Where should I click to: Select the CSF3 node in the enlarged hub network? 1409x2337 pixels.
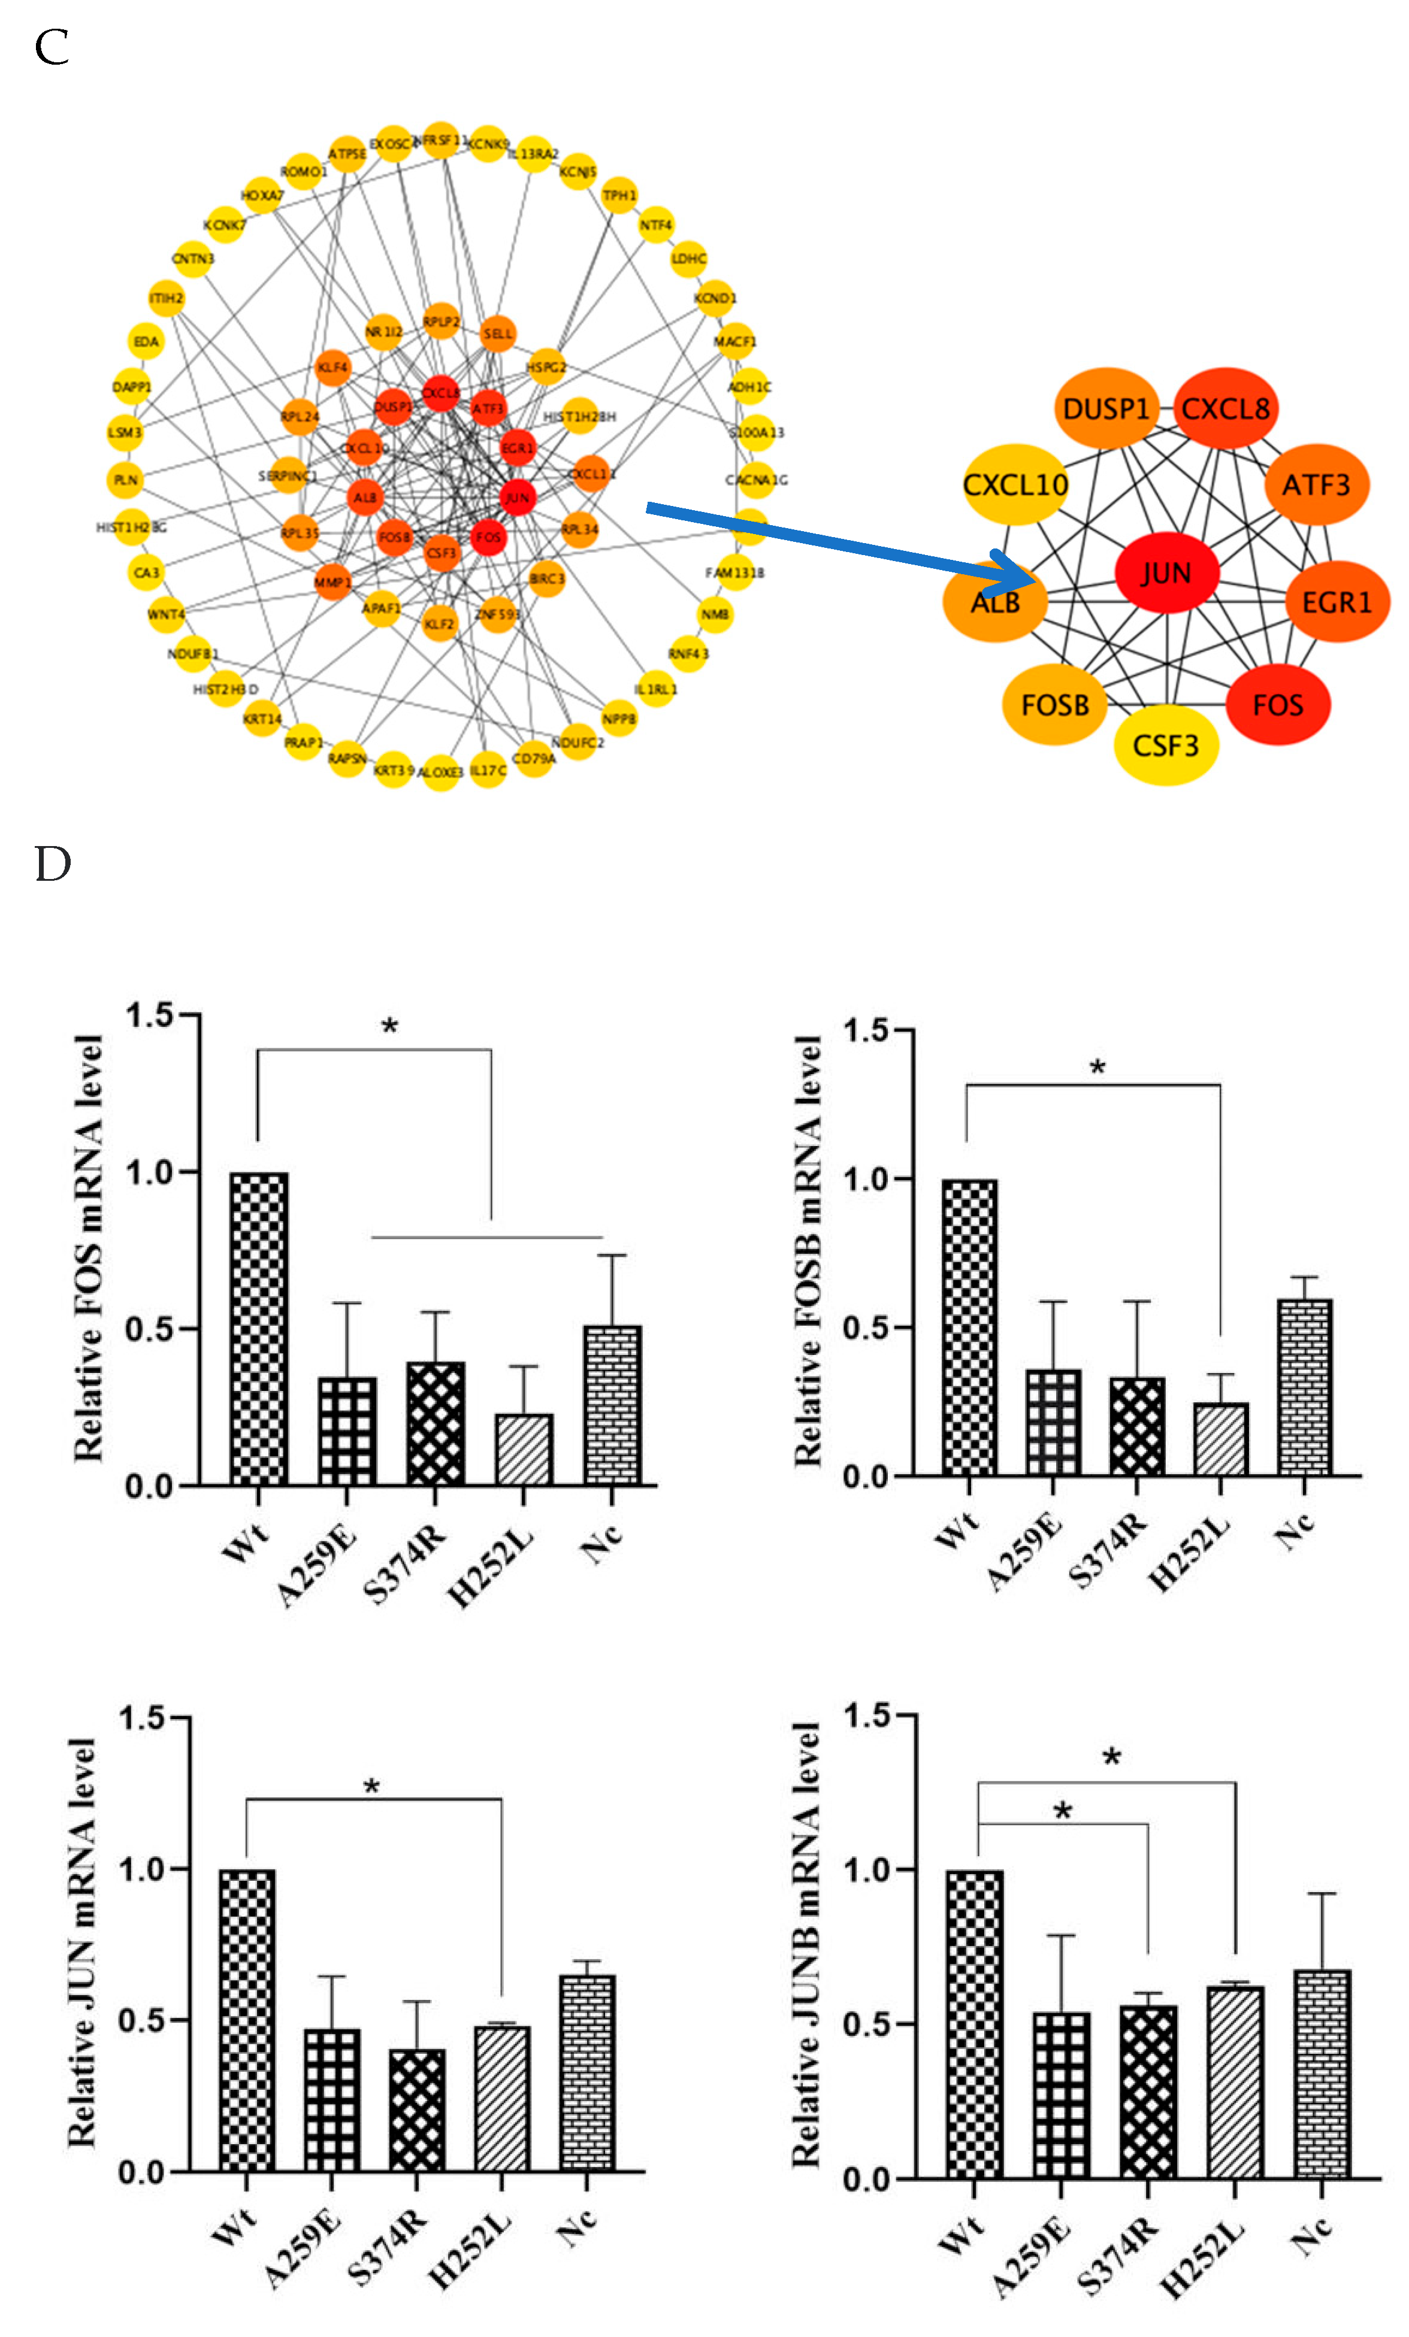point(1165,744)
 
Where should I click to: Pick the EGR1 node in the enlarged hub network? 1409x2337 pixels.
point(1336,601)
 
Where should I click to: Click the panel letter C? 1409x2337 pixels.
point(52,47)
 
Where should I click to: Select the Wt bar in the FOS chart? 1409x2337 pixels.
point(258,1328)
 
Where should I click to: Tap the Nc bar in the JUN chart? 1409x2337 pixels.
point(586,2072)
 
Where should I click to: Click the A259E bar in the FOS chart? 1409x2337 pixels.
point(346,1430)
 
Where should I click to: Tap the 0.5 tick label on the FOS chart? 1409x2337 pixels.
point(152,1328)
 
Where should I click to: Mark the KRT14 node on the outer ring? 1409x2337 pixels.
point(262,719)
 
